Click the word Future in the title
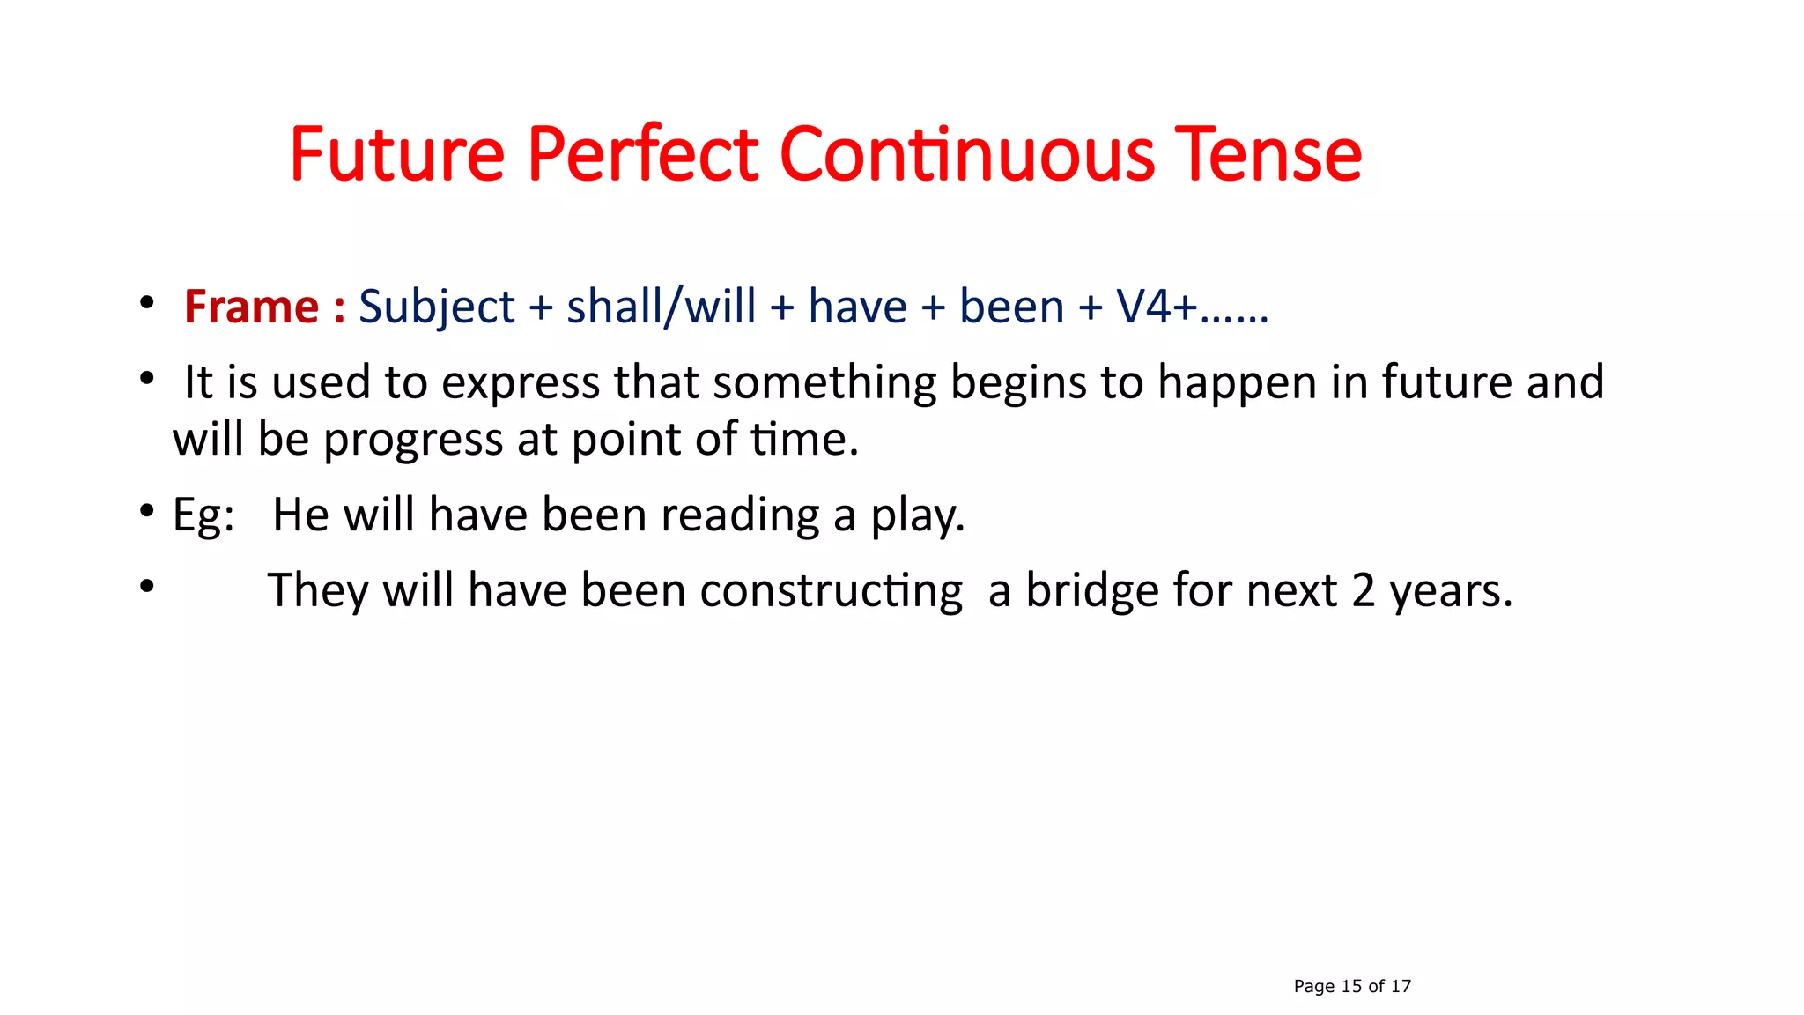pos(397,155)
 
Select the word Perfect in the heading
pos(643,155)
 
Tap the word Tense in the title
pos(1269,155)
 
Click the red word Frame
pos(252,307)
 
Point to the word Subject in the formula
pos(437,307)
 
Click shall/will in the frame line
pos(661,307)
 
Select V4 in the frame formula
pos(1144,307)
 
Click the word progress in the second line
pos(412,440)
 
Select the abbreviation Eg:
pos(203,515)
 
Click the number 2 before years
pos(1363,590)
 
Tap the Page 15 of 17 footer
pos(1352,986)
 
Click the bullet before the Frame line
pos(147,303)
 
